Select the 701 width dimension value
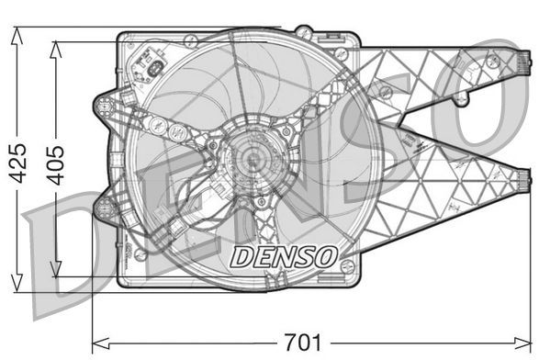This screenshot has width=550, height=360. (x=302, y=343)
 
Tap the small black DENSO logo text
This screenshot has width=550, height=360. (x=283, y=255)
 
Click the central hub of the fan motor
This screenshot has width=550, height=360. (x=250, y=160)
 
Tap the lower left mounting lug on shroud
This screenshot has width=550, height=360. (x=104, y=208)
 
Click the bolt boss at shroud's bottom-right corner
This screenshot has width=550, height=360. (x=347, y=266)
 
